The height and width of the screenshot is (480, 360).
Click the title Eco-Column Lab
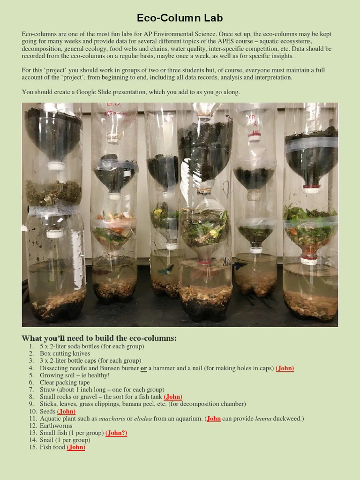coord(180,18)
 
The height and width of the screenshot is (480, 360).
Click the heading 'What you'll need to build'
coord(99,338)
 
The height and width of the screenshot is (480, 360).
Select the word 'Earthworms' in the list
coord(55,426)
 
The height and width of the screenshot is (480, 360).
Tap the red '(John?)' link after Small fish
coord(116,433)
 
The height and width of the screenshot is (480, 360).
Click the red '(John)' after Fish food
coord(76,447)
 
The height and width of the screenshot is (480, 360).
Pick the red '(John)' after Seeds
coord(66,411)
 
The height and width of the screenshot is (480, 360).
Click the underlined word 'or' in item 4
coord(144,368)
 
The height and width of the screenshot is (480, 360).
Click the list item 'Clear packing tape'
coord(64,382)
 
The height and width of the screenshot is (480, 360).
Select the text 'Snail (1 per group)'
coord(65,440)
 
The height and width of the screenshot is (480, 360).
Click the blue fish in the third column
coord(165,270)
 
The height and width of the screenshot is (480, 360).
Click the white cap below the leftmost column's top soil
coord(56,165)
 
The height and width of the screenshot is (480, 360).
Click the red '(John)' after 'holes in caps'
coord(285,368)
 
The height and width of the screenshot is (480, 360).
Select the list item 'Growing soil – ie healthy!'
coord(75,375)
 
